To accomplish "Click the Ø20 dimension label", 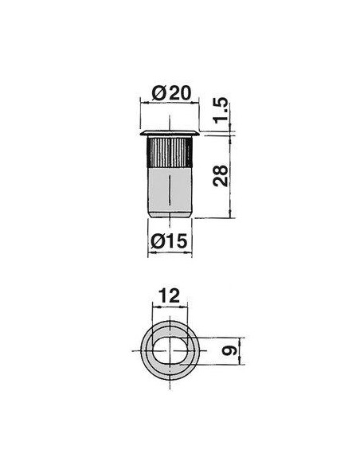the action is coord(170,93).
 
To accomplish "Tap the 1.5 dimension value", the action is coord(221,110).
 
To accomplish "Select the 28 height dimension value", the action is coord(221,176).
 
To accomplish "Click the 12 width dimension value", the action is coord(169,295).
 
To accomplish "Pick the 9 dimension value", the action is coord(229,350).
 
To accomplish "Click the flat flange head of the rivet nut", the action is coord(170,133).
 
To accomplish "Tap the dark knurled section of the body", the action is coord(170,152).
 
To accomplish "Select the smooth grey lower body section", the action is coord(170,190).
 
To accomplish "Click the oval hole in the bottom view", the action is coord(170,350).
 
